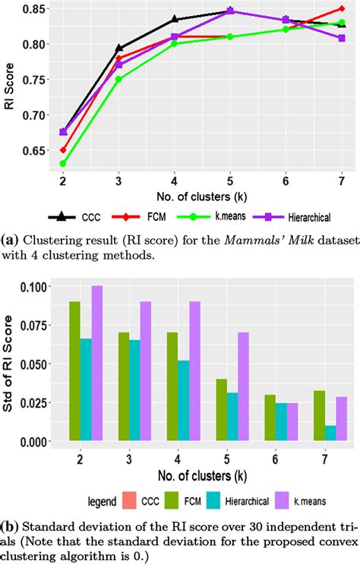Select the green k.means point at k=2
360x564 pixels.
click(62, 163)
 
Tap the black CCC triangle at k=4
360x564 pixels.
click(175, 20)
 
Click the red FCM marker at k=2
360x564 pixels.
click(62, 150)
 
